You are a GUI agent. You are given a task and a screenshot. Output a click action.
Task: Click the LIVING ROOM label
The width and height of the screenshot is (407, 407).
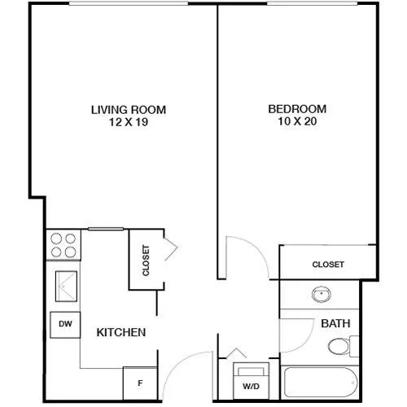[129, 110]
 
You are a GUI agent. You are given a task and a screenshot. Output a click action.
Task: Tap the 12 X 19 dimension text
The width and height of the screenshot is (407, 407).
[129, 122]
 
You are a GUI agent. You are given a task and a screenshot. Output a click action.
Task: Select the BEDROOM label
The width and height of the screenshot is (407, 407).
[297, 109]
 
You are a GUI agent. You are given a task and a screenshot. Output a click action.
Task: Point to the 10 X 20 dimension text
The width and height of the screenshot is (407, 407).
[297, 121]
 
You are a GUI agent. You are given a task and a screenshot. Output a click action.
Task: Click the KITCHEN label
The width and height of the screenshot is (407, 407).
[121, 332]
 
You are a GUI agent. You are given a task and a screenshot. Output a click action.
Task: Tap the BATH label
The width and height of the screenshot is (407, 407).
[335, 323]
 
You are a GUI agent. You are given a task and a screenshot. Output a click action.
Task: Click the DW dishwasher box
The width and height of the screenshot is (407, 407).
[65, 325]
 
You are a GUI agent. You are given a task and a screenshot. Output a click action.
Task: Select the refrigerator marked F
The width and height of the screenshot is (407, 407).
[140, 383]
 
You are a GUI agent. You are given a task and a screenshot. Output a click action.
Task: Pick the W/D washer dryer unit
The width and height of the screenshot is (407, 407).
[252, 381]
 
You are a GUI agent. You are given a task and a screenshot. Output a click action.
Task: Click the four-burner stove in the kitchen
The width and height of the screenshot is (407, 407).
[63, 245]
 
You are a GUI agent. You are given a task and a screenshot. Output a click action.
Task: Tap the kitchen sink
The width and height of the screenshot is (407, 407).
[66, 286]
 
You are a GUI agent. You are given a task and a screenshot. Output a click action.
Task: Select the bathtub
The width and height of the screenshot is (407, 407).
[321, 382]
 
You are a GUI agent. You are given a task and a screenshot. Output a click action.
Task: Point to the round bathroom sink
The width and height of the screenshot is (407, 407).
[322, 295]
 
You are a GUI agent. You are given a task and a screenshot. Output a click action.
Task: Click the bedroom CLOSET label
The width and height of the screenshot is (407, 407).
[328, 265]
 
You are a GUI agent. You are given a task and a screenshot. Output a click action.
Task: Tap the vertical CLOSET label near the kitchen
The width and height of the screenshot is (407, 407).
[146, 260]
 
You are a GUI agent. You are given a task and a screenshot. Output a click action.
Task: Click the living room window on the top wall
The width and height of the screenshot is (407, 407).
[129, 3]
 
